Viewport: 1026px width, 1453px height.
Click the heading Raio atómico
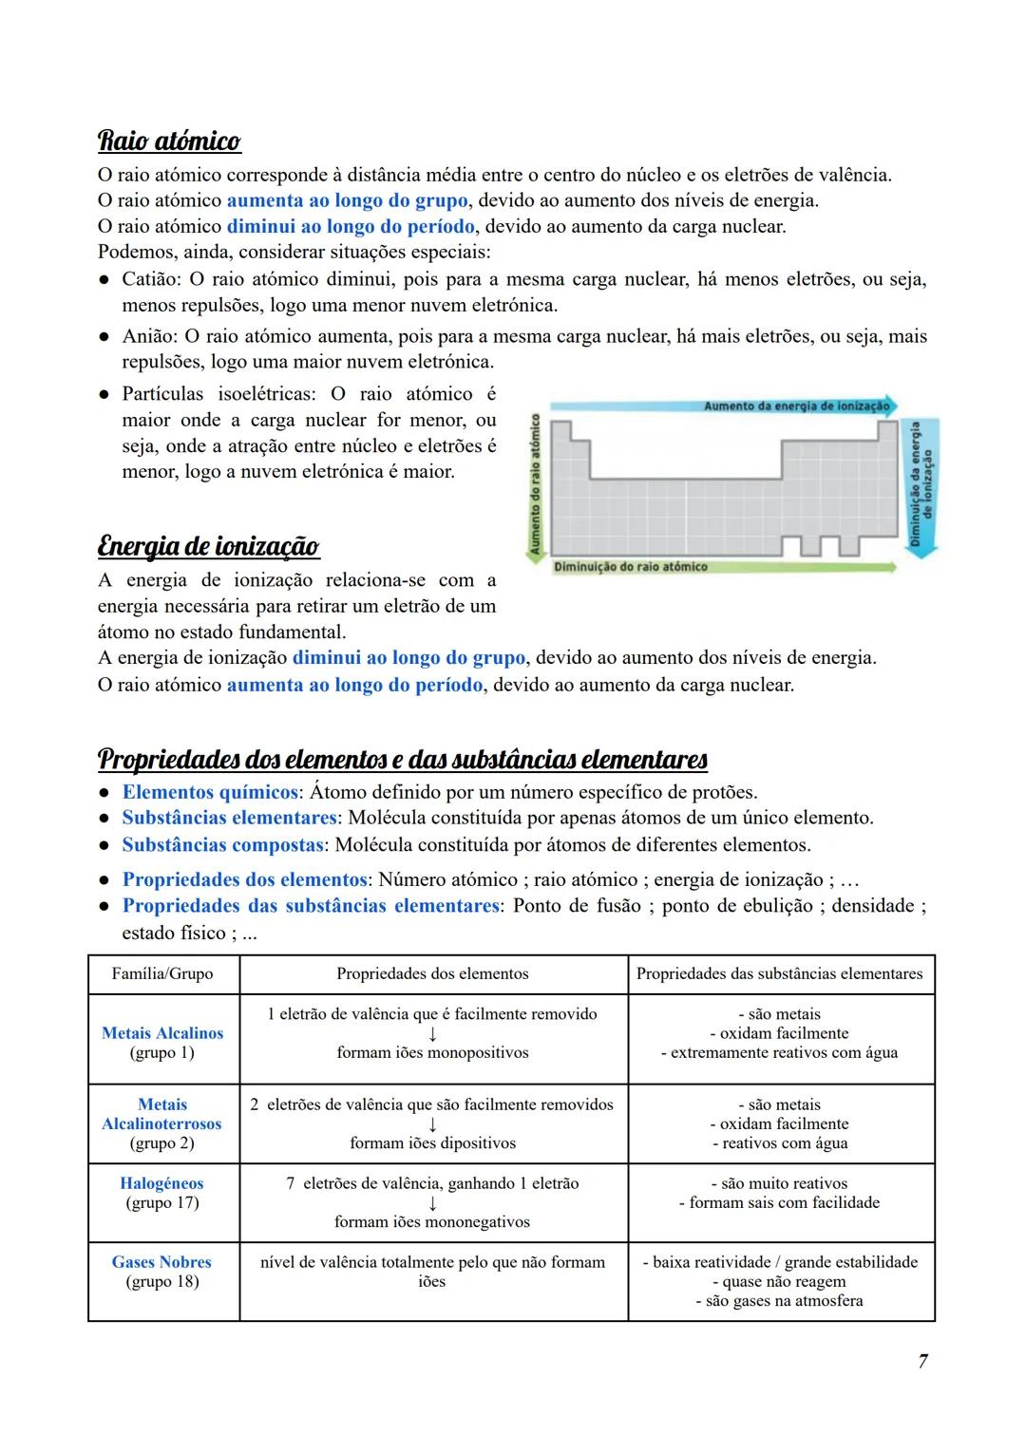click(x=169, y=142)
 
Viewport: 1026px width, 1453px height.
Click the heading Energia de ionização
click(x=208, y=547)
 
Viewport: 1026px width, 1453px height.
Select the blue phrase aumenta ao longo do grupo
click(x=347, y=200)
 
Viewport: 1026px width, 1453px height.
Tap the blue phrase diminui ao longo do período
click(x=350, y=227)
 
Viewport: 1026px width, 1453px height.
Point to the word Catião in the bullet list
click(x=151, y=279)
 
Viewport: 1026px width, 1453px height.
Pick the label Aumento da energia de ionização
click(x=796, y=406)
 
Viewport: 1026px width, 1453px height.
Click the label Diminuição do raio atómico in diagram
click(x=631, y=567)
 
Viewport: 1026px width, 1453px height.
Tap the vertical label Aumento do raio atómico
click(x=535, y=483)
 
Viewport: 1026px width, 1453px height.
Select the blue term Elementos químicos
click(x=210, y=792)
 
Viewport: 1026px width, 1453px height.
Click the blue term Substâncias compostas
click(x=223, y=844)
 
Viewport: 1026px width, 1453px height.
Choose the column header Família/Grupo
click(x=162, y=973)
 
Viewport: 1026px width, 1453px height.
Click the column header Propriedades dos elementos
click(x=432, y=973)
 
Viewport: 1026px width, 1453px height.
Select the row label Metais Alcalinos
click(x=162, y=1033)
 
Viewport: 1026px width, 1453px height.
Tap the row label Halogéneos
click(x=161, y=1183)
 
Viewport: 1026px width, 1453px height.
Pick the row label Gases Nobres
click(x=161, y=1262)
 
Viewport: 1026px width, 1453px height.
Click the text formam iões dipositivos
click(x=432, y=1143)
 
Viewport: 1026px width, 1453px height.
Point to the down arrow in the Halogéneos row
click(x=432, y=1203)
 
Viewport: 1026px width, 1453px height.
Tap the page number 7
click(x=922, y=1361)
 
